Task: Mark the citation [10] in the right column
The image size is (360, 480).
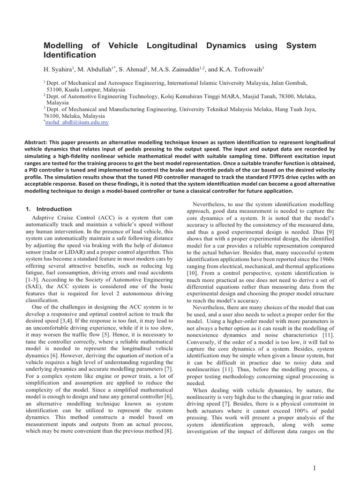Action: [193, 272]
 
